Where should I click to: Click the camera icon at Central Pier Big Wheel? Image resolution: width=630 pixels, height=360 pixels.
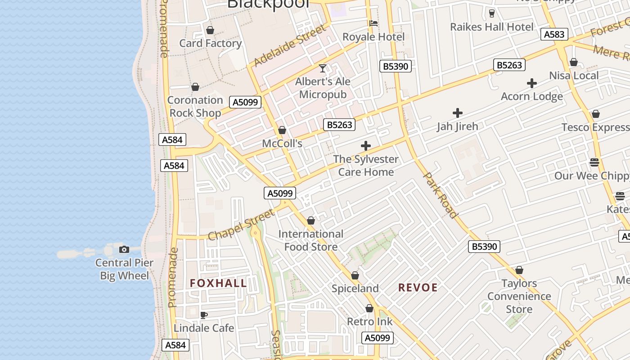coord(124,249)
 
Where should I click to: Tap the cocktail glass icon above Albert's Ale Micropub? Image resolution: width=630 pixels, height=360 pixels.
coord(323,68)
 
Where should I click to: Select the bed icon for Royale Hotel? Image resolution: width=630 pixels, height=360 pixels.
coord(373,23)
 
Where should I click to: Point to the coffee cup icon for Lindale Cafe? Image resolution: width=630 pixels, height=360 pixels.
coord(204,315)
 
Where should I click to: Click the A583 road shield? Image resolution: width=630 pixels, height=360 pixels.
coord(554,35)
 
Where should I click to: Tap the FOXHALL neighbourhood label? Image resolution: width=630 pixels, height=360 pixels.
coord(218,283)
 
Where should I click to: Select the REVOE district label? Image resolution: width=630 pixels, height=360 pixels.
coord(418,288)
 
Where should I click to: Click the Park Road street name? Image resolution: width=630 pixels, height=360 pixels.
coord(441,195)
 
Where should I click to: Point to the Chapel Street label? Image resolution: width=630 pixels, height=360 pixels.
coord(242,225)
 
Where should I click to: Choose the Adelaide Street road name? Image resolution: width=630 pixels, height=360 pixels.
coord(290,45)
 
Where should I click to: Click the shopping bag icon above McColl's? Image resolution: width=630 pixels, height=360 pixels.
coord(282,130)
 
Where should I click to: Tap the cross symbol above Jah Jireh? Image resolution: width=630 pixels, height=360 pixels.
coord(458,112)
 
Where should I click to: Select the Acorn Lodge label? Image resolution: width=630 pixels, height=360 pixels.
coord(532,96)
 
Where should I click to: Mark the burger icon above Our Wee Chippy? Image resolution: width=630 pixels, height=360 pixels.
coord(594,162)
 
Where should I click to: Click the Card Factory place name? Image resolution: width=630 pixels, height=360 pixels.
coord(210,43)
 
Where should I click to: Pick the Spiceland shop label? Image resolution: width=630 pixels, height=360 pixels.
coord(355,288)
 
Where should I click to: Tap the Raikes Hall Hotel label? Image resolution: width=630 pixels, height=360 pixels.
coord(492,27)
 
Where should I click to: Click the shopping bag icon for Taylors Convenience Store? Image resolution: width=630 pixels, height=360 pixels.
coord(519,270)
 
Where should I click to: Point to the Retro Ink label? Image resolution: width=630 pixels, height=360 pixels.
coord(369,322)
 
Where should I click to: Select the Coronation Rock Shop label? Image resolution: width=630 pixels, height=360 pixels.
coord(195,106)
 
